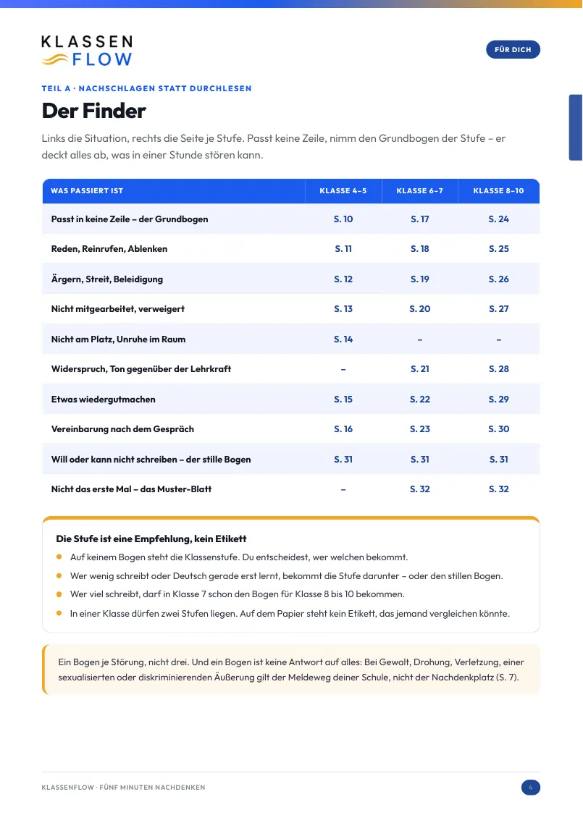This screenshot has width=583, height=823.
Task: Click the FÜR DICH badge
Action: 513,49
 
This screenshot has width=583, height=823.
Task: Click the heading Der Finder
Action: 93,111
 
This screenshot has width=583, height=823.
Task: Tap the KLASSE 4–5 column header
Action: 343,190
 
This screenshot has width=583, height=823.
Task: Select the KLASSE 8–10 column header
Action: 498,190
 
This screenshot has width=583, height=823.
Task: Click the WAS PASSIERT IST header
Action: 87,190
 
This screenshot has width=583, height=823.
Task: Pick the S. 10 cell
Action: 343,219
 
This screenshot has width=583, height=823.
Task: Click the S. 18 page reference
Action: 419,249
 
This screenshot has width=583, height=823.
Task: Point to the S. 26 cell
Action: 498,279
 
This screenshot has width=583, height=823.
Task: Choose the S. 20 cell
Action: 419,309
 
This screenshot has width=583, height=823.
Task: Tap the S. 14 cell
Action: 343,339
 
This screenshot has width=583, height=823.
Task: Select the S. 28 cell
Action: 498,369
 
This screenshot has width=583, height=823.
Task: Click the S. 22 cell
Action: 419,400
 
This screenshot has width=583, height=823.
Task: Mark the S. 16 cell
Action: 343,429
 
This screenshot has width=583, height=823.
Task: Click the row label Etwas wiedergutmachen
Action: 103,400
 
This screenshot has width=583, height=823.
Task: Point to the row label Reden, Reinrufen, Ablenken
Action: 109,249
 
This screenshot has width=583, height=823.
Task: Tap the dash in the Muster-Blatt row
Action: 343,490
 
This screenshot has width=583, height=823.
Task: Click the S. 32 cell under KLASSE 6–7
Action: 419,489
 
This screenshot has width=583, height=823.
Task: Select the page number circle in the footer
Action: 530,788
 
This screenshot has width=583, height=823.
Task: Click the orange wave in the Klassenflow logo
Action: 54,59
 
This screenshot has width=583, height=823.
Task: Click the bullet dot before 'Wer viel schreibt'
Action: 59,594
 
